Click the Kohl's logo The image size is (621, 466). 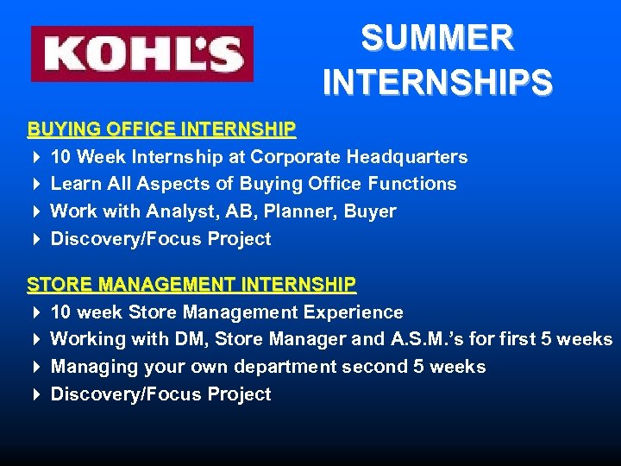point(142,54)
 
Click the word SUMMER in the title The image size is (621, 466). point(437,38)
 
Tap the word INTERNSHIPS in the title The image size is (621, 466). point(437,83)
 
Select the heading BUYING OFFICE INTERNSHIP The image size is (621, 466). point(161,129)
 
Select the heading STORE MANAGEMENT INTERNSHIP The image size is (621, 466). point(191,284)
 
